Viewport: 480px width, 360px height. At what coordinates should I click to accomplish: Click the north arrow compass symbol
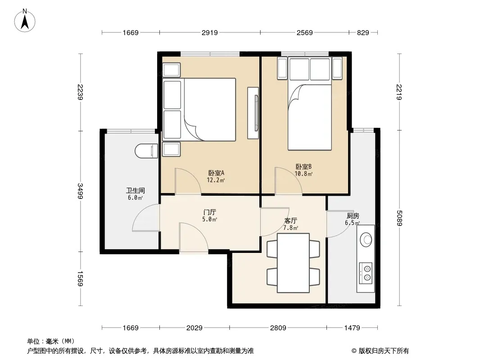point(25,20)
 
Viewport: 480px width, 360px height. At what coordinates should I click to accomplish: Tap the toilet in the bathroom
point(146,151)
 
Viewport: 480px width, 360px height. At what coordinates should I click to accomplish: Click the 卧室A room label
point(216,173)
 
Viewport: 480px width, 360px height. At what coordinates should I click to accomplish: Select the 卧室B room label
point(303,166)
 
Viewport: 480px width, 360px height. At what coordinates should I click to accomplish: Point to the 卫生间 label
point(135,190)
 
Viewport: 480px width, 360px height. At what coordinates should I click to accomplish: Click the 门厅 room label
point(210,212)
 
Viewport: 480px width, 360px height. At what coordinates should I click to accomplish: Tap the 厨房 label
point(353,216)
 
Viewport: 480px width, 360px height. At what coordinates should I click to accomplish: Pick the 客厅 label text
point(290,220)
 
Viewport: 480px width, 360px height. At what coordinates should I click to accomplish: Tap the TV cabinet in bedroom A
point(253,113)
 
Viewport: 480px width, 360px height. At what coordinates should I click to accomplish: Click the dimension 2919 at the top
point(210,32)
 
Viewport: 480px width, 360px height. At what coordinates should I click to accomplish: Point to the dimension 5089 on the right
point(399,218)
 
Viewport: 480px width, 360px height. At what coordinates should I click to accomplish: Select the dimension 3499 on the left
point(80,191)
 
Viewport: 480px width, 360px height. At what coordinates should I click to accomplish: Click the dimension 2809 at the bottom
point(278,328)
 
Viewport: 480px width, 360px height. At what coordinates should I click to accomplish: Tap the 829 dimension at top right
point(363,32)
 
